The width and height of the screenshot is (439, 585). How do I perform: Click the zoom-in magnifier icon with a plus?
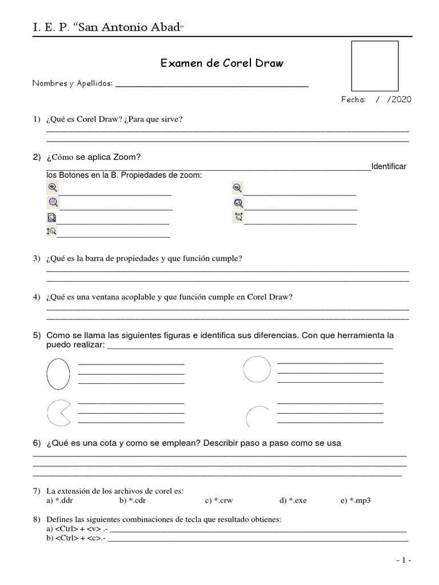tap(52, 187)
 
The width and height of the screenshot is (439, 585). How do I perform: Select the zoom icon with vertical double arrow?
tap(51, 231)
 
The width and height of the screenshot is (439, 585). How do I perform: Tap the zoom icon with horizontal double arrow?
tap(238, 217)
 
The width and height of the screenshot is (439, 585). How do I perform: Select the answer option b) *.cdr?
tap(131, 500)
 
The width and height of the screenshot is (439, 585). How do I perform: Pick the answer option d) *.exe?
tap(293, 500)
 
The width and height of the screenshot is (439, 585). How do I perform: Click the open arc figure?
tap(257, 416)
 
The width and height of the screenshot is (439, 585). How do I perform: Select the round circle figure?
tap(257, 369)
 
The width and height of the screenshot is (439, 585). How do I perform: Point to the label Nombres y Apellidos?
tap(73, 83)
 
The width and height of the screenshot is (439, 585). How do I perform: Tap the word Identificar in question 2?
tap(389, 166)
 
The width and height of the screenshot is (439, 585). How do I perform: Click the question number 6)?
tap(37, 443)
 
